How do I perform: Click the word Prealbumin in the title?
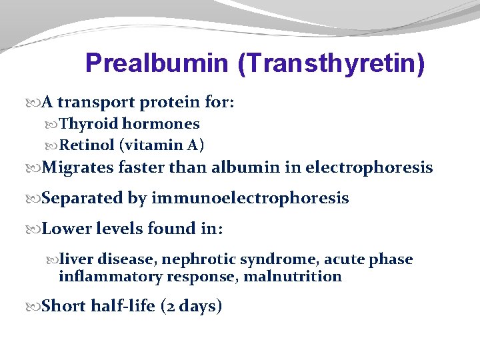157,64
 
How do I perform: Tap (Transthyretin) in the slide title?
331,64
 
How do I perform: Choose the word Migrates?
77,167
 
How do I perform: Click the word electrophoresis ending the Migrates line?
369,167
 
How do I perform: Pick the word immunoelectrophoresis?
250,198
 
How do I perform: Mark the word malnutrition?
293,276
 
